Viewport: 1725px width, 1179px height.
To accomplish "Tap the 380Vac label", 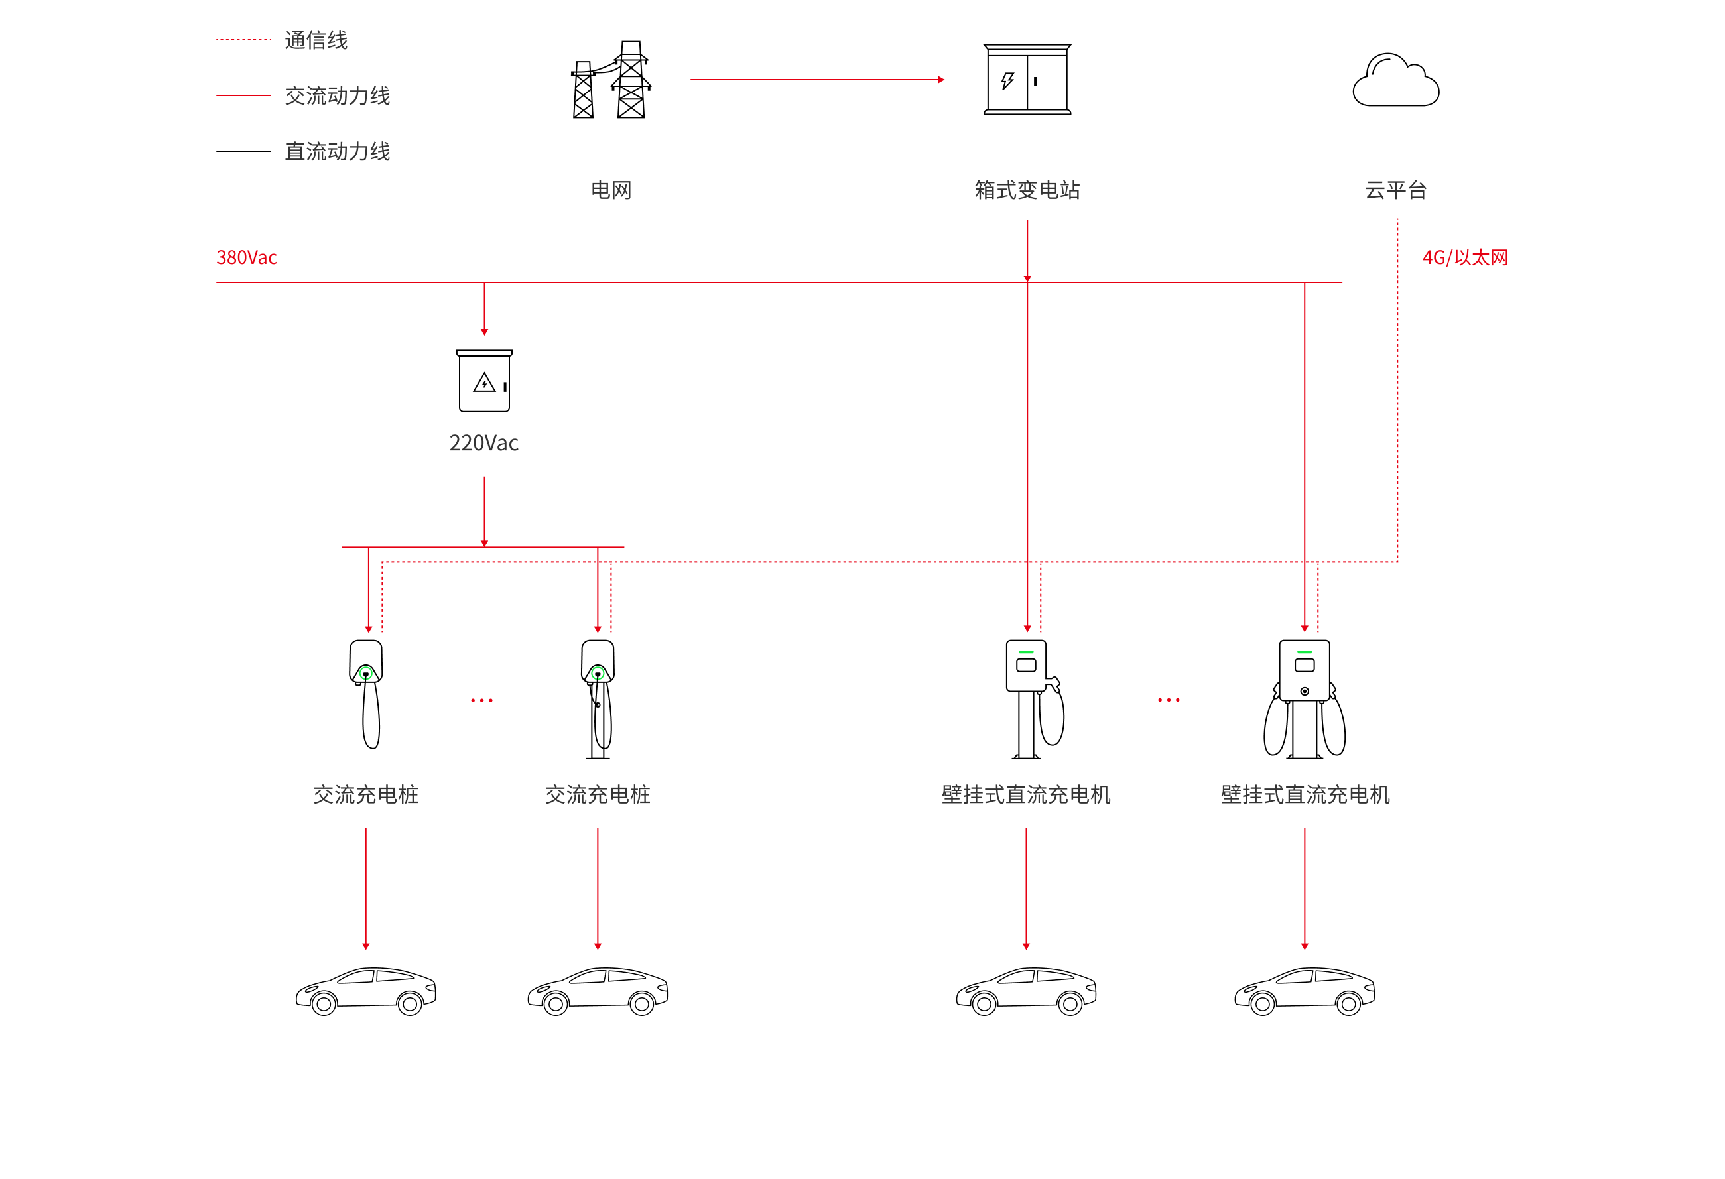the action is [x=247, y=257].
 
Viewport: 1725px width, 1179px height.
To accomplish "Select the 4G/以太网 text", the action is [x=1465, y=257].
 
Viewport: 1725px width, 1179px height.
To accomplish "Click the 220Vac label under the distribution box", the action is [x=484, y=443].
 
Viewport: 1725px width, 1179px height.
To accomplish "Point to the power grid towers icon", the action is [x=611, y=80].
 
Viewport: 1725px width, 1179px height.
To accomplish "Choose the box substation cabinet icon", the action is [x=1027, y=80].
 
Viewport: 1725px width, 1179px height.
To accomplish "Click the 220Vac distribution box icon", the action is [x=484, y=381].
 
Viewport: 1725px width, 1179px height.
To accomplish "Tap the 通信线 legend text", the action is [x=316, y=40].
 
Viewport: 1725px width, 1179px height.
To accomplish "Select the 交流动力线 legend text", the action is [x=338, y=95].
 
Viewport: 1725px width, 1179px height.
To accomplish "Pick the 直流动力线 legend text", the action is [x=338, y=151].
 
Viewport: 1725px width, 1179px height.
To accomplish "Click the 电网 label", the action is [x=611, y=190].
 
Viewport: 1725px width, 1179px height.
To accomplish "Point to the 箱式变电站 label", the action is [x=1027, y=190].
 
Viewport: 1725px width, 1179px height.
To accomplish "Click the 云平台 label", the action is [x=1395, y=190].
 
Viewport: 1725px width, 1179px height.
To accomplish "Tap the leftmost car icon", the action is [x=366, y=991].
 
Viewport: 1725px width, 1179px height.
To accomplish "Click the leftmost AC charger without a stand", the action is [x=367, y=694].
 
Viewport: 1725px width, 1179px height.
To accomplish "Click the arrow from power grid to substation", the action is [x=817, y=80].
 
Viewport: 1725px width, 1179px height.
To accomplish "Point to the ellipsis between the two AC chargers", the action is [x=481, y=700].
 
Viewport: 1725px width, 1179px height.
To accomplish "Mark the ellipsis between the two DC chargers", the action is [x=1169, y=700].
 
